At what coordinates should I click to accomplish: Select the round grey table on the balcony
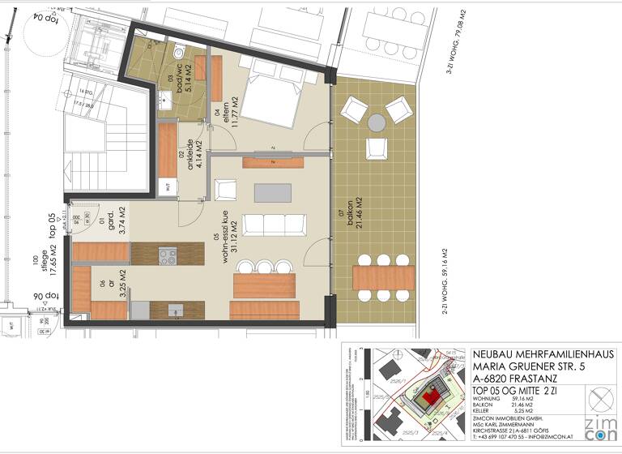pyautogui.click(x=377, y=122)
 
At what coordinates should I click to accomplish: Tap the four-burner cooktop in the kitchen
pyautogui.click(x=168, y=257)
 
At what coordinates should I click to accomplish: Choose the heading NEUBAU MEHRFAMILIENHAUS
pyautogui.click(x=542, y=355)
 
